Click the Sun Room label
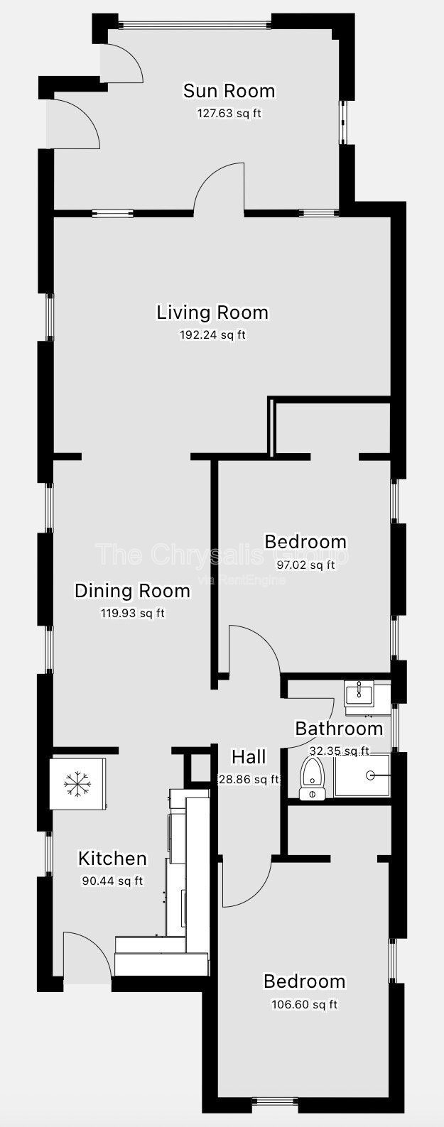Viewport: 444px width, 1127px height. point(229,91)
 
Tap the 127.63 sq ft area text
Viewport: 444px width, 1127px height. point(229,113)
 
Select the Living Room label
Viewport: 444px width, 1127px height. point(212,312)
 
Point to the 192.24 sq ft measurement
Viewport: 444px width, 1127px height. point(212,334)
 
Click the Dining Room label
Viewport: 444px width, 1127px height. point(132,591)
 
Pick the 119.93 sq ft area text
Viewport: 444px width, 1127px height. point(132,613)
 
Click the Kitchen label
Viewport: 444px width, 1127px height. point(112,859)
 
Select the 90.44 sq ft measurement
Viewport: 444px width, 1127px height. point(112,881)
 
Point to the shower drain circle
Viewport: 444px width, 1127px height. point(371,775)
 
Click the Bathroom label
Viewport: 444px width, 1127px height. point(339,728)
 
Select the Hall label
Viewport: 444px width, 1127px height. point(249,757)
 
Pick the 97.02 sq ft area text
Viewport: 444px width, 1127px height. point(305,565)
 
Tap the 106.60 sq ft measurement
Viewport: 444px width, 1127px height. point(305,1004)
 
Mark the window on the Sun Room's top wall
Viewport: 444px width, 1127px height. point(195,22)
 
